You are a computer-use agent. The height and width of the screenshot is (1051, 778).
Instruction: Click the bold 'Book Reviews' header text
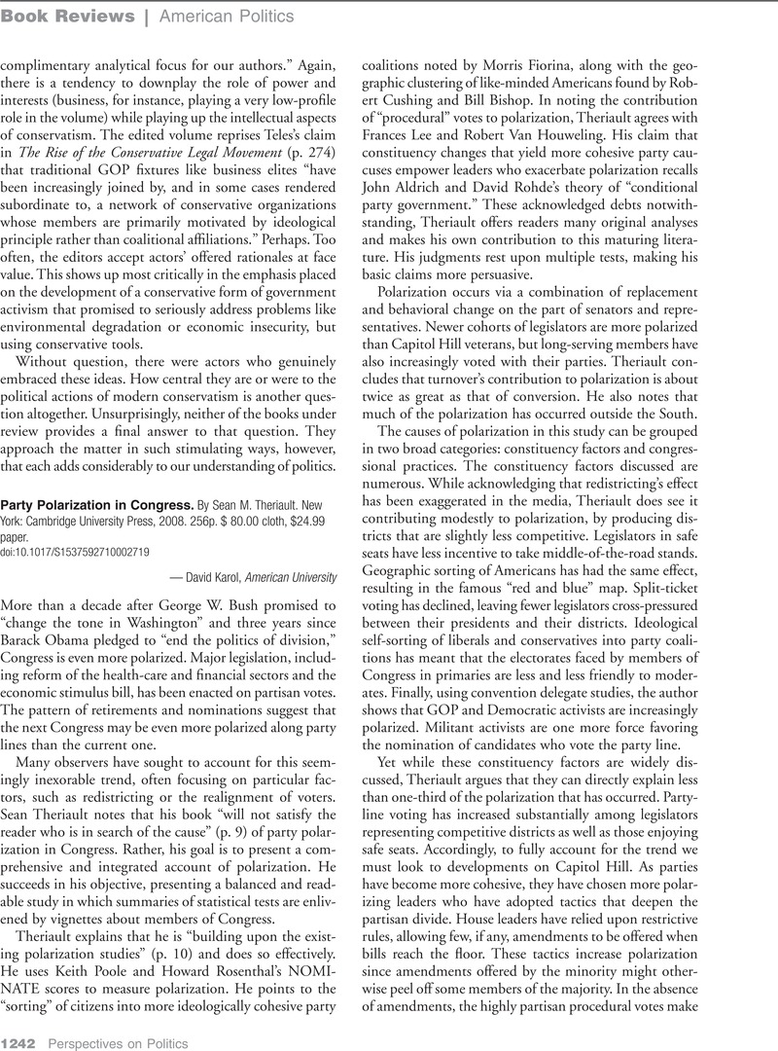(67, 16)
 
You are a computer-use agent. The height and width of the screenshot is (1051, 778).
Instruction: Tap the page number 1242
(18, 1042)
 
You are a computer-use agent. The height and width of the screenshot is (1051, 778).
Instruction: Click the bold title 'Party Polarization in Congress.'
(96, 505)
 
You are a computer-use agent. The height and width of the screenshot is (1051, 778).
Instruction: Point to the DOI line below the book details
(74, 551)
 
